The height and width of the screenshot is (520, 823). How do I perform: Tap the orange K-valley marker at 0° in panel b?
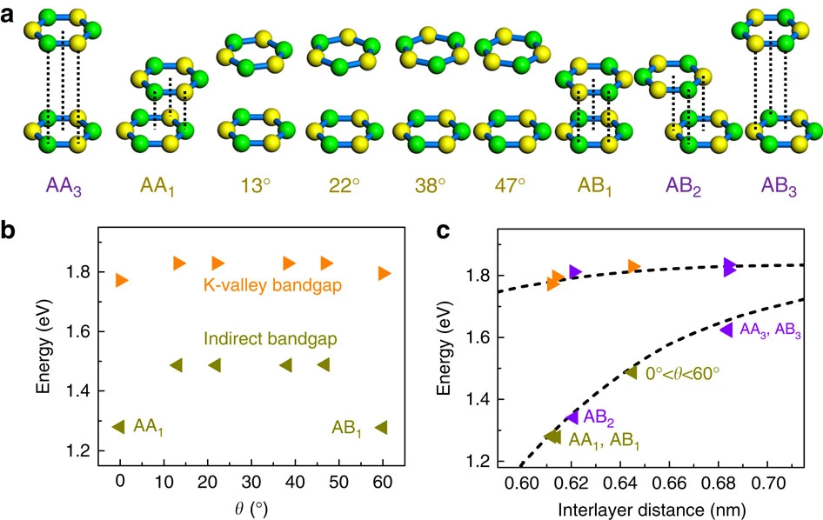coord(122,280)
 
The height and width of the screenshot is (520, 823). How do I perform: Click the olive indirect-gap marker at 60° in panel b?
coord(380,427)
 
